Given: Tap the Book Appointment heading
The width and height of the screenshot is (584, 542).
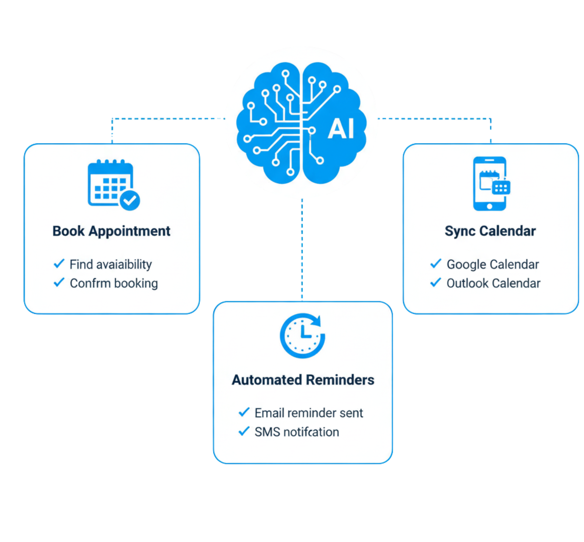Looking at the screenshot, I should click(x=111, y=231).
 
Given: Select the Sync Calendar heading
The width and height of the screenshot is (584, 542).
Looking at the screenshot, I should click(x=490, y=231).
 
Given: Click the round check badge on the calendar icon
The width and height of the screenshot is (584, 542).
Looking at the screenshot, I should click(x=130, y=200).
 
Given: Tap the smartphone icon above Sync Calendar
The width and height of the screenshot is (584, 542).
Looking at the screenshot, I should click(x=490, y=183).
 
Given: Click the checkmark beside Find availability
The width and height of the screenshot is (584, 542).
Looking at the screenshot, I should click(x=59, y=263).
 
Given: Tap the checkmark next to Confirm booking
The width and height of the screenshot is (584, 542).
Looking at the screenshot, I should click(x=59, y=282).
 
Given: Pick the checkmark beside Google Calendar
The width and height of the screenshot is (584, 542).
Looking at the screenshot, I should click(x=436, y=263).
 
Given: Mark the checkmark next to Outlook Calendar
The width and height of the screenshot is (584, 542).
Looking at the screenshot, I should click(x=436, y=282).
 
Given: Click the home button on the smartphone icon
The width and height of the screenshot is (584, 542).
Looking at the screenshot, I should click(x=490, y=206).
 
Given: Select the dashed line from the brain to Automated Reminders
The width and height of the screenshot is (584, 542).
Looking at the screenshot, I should click(x=302, y=249).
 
